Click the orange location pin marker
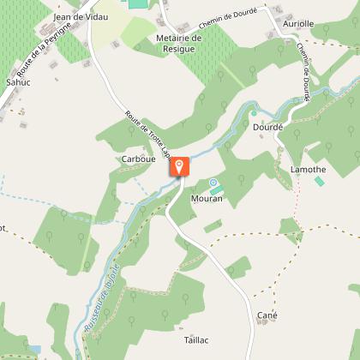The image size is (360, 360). pyautogui.click(x=180, y=166)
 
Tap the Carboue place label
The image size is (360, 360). pyautogui.click(x=138, y=159)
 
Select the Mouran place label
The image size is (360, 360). pyautogui.click(x=208, y=198)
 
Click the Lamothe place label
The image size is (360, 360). pyautogui.click(x=307, y=170)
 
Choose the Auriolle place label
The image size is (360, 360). pyautogui.click(x=297, y=24)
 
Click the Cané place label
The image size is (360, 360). pyautogui.click(x=267, y=315)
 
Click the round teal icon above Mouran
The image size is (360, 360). pyautogui.click(x=213, y=183)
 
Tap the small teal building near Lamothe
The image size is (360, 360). pyautogui.click(x=320, y=181)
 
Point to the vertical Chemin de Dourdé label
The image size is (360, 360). pyautogui.click(x=304, y=72)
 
